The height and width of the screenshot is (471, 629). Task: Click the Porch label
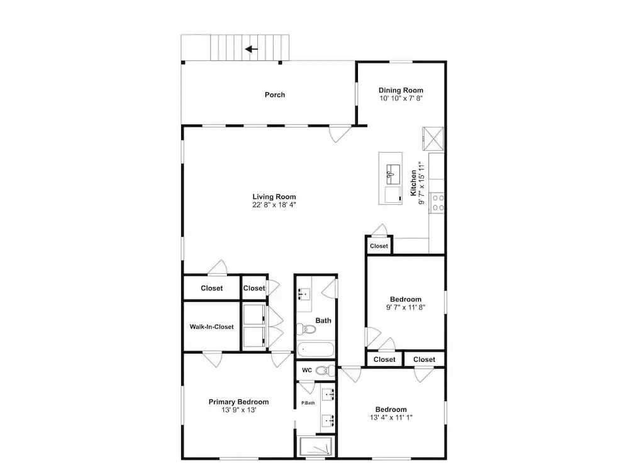point(275,95)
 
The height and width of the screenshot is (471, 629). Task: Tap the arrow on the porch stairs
point(252,49)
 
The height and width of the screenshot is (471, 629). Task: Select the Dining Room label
point(401,90)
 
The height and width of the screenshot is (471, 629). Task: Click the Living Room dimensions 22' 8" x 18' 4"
point(274,205)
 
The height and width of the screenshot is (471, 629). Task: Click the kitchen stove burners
point(437,203)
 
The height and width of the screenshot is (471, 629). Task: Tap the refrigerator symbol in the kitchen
point(433,139)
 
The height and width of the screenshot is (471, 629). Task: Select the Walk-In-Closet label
point(211,327)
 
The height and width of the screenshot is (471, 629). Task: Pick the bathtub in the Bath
point(316,350)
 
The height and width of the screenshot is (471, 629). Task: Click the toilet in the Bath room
point(306,329)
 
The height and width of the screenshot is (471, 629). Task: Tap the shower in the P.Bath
point(316,446)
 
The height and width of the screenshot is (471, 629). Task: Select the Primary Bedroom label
point(238,402)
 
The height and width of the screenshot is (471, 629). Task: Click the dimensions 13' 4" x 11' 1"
point(391,418)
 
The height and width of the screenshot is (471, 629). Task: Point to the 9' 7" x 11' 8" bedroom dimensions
point(406,307)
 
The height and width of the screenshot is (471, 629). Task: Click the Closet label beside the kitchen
point(379,246)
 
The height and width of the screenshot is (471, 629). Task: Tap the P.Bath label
point(308,403)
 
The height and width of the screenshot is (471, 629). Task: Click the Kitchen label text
point(413,183)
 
